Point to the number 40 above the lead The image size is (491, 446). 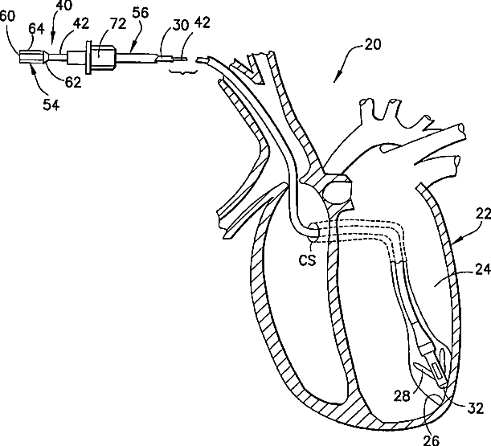pyautogui.click(x=64, y=6)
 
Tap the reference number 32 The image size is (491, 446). pyautogui.click(x=476, y=407)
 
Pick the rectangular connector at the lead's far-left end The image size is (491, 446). pyautogui.click(x=30, y=57)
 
